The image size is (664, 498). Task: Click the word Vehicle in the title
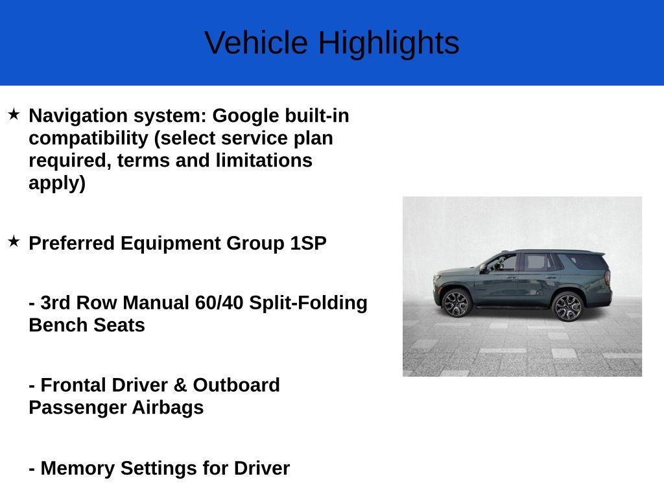(x=256, y=42)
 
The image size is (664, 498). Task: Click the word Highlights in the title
(x=389, y=43)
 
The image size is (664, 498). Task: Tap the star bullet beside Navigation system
(x=14, y=114)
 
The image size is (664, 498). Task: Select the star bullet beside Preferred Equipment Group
(x=14, y=242)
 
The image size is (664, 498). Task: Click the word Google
(x=246, y=116)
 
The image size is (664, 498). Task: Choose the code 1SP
(x=308, y=244)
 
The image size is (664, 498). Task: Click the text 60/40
(x=219, y=303)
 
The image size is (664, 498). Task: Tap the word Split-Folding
(x=308, y=303)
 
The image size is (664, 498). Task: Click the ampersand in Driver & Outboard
(x=180, y=385)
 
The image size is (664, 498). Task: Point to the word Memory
(x=78, y=469)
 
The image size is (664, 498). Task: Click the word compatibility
(x=88, y=139)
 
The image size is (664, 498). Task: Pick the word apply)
(x=57, y=184)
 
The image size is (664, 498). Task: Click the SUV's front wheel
(x=456, y=303)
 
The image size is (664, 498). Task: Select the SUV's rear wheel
(x=567, y=307)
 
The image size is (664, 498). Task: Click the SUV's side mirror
(x=482, y=267)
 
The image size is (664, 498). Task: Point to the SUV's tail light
(x=607, y=277)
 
